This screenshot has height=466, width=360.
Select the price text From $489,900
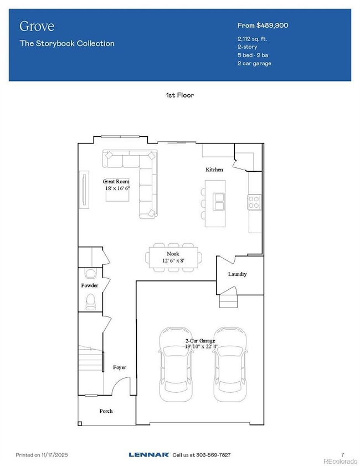pyautogui.click(x=263, y=25)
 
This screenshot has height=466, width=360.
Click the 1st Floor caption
pyautogui.click(x=180, y=95)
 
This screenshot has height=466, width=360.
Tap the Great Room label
pyautogui.click(x=116, y=181)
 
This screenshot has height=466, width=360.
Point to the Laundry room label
pyautogui.click(x=237, y=274)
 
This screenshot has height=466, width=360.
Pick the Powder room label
pyautogui.click(x=89, y=285)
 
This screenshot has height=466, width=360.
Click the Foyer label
pyautogui.click(x=119, y=367)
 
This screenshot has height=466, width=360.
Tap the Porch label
pyautogui.click(x=106, y=411)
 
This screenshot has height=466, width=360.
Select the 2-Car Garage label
pyautogui.click(x=200, y=341)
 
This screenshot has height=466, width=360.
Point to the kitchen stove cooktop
pyautogui.click(x=254, y=202)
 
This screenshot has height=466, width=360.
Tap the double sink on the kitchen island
pyautogui.click(x=219, y=202)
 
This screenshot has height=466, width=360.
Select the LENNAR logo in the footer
pyautogui.click(x=148, y=454)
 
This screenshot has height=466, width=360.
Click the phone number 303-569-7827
pyautogui.click(x=213, y=454)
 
